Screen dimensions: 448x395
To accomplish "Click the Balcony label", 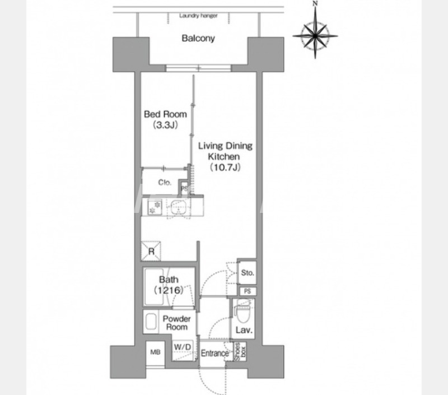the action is tap(198, 38).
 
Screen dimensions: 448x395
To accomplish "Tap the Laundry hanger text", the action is tap(198, 16).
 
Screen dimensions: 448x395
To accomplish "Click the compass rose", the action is tap(315, 35).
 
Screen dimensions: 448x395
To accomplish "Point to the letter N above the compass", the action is tap(315, 3).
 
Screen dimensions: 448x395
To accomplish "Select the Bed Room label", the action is tap(165, 114).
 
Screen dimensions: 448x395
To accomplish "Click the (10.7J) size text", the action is tap(225, 167).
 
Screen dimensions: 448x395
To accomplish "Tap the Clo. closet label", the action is tap(165, 182).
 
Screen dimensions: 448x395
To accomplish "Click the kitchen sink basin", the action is tap(179, 207).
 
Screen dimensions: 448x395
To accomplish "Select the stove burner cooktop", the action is tap(155, 207).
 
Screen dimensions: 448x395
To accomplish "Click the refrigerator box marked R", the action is tap(151, 251).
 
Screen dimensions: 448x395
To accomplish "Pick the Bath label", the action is tap(169, 280).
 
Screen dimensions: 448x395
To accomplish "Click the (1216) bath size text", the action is tap(169, 290).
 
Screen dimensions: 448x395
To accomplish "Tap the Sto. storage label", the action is tap(248, 273).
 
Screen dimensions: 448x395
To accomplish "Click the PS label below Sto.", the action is tap(248, 291).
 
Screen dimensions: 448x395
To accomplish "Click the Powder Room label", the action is tap(176, 323).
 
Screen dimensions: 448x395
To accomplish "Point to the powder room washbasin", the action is tap(151, 322).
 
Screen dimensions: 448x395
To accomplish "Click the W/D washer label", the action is tap(183, 347).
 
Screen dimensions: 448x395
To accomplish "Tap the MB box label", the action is tap(156, 352).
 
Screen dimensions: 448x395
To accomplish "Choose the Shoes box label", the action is tap(240, 351).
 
